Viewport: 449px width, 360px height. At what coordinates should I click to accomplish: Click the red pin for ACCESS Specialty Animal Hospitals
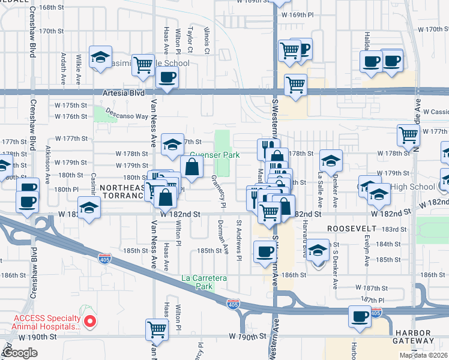tap(90, 322)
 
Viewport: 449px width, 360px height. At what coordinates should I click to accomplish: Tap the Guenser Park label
tap(215, 155)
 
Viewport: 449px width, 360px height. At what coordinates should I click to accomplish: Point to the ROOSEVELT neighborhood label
tap(351, 229)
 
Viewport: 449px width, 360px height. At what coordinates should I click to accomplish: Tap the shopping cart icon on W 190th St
tap(157, 329)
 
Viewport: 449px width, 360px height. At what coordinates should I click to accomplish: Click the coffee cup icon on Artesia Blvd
tap(167, 77)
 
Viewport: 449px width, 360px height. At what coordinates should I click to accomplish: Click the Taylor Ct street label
tap(189, 37)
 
